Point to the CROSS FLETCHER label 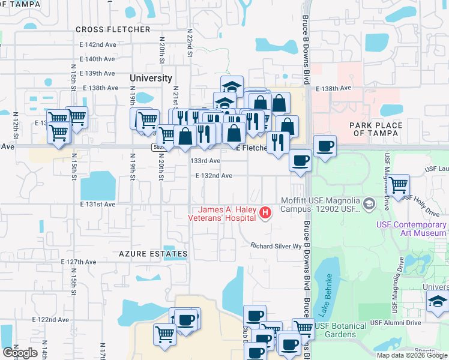point(113,29)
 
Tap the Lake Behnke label point(328,289)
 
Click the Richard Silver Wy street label point(276,246)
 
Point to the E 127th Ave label point(79,262)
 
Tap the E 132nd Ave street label point(214,175)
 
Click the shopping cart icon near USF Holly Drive point(399,185)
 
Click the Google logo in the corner point(20,353)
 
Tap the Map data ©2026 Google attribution point(412,355)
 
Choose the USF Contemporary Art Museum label point(411,229)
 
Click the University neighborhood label point(151,78)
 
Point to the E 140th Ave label point(100,59)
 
